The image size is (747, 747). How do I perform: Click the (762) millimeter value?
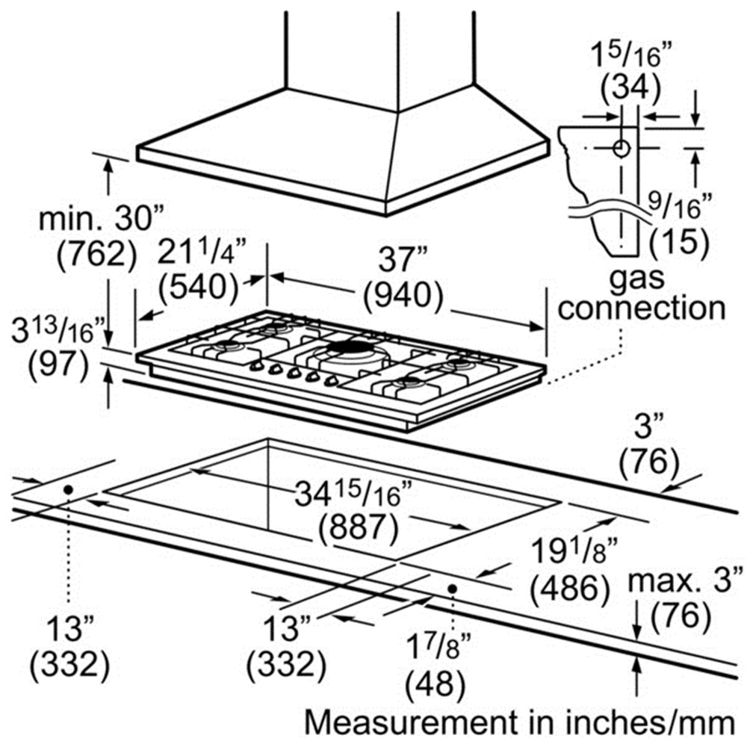pos(96,256)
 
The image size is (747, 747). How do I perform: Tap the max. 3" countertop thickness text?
pos(686,580)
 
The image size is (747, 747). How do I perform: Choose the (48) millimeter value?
pos(434,682)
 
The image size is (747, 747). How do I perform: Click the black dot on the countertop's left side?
pos(68,489)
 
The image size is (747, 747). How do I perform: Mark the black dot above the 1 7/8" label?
pos(452,589)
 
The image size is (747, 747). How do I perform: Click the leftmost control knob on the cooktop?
pos(256,367)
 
